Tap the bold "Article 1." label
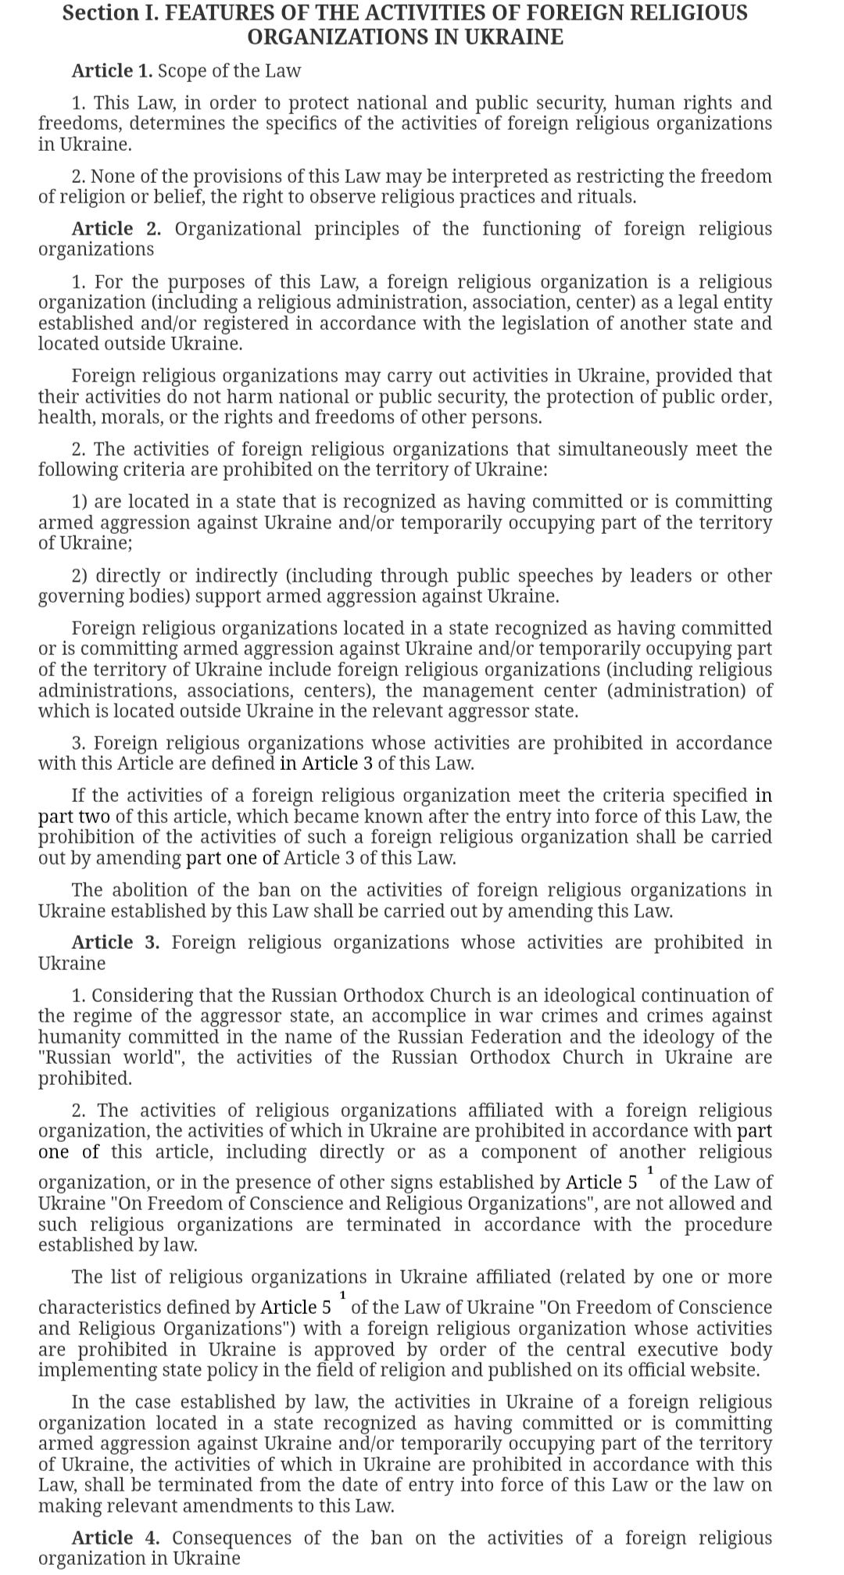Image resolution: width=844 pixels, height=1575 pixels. (x=113, y=71)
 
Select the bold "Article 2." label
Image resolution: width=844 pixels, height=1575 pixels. (x=116, y=229)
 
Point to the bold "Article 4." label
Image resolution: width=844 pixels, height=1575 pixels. (x=116, y=1538)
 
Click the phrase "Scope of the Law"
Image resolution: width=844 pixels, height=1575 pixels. (x=229, y=71)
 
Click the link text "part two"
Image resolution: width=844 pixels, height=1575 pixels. (x=74, y=817)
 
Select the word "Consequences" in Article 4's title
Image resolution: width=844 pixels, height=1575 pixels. (x=232, y=1538)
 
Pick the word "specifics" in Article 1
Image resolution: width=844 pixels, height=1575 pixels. (x=322, y=123)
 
